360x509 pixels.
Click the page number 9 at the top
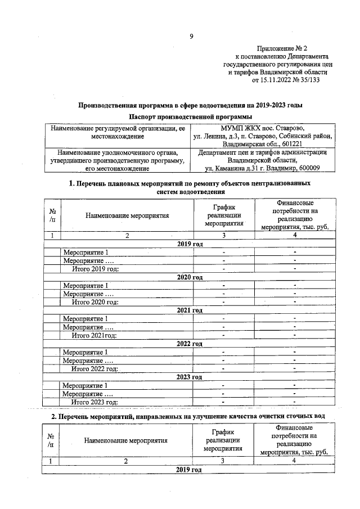[191, 37]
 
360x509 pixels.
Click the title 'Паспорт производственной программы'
[190, 116]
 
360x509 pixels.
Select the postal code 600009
[304, 168]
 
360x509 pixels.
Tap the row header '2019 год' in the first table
[190, 244]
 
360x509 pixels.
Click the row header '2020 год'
[190, 277]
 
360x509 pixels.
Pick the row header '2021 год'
[190, 310]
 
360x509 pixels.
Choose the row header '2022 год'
[190, 344]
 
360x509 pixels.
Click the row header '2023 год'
[190, 377]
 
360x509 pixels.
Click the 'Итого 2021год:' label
[94, 335]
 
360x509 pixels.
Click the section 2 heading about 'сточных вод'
[190, 416]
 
